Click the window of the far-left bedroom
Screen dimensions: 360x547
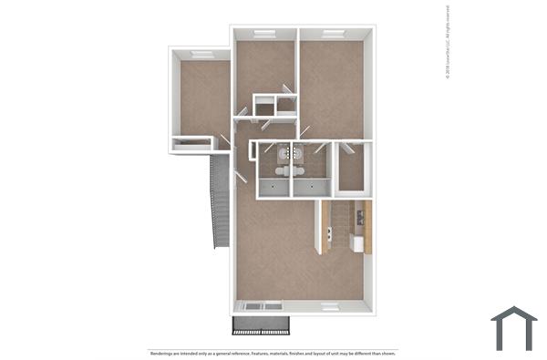201,55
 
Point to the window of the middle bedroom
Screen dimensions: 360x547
264,34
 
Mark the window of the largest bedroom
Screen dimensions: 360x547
332,34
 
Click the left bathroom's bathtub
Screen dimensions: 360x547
273,188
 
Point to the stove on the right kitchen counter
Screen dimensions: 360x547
361,217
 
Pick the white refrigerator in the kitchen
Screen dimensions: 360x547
358,244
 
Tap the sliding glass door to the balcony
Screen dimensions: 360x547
261,306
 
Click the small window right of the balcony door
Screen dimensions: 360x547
329,305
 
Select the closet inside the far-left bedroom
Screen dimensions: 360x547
191,142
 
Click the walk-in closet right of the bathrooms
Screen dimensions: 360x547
351,168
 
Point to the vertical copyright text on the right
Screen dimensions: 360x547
448,45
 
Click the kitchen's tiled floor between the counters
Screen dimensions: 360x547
342,228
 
